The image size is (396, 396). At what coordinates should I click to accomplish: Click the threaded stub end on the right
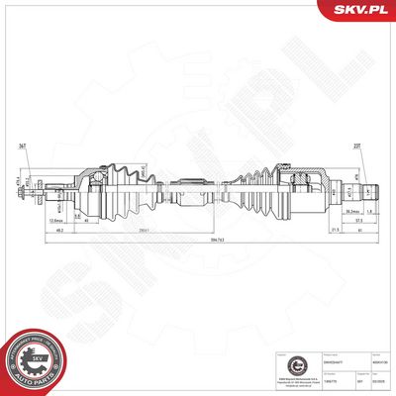[367, 188]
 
